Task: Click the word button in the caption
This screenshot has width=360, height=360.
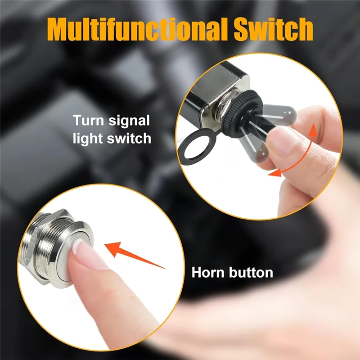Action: [x=252, y=272]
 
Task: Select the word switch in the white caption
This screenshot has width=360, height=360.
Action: [x=129, y=138]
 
